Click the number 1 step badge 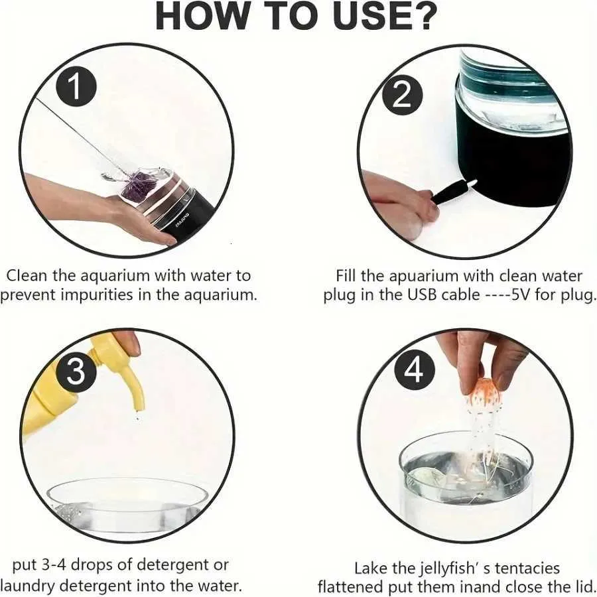click(76, 88)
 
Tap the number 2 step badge click(403, 96)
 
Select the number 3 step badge click(76, 371)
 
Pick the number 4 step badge click(415, 369)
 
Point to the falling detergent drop click(138, 419)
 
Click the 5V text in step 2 click(521, 295)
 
